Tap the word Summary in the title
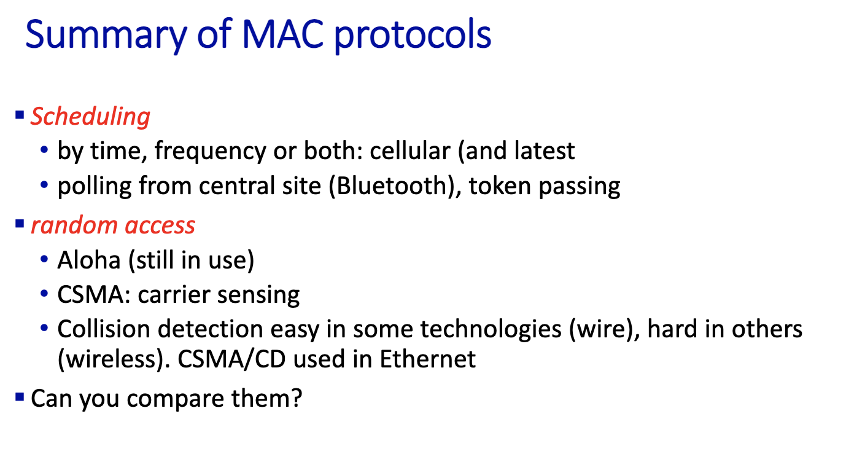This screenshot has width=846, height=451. tap(106, 36)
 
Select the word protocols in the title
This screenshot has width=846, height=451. tap(413, 36)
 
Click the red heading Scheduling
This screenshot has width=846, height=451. tap(90, 116)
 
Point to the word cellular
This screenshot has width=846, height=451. tap(409, 151)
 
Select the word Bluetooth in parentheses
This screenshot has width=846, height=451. tap(392, 186)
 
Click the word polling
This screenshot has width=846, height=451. tap(95, 187)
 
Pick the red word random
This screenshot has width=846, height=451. tap(74, 225)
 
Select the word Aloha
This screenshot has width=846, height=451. tap(89, 260)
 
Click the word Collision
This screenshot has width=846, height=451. tap(104, 329)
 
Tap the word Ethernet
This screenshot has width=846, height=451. tap(427, 359)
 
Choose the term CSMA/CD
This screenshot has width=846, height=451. tap(231, 359)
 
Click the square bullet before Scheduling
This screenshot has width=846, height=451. tap(20, 114)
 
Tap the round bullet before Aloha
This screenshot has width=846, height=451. tap(44, 259)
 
